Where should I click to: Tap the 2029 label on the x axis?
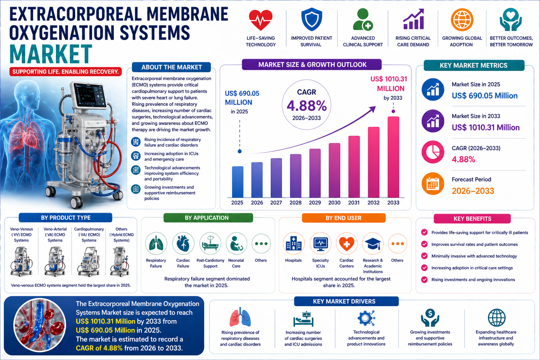[x=315, y=202]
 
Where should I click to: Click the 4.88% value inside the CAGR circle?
[x=307, y=106]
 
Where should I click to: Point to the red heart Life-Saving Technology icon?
[x=261, y=20]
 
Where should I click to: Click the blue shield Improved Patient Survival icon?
[x=311, y=20]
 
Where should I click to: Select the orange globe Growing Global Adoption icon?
[x=462, y=20]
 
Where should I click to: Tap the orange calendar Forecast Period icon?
[x=433, y=184]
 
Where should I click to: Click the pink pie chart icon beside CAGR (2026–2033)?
[x=433, y=152]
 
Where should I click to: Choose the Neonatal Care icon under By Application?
[x=236, y=243]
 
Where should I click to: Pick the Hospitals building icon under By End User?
[x=294, y=243]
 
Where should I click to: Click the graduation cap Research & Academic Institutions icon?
[x=373, y=243]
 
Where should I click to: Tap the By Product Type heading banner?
[x=66, y=218]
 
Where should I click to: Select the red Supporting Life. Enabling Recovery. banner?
[x=65, y=72]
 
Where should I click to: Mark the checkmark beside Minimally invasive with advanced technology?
[x=424, y=256]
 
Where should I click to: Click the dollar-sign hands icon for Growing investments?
[x=430, y=318]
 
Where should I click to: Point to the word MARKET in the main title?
[x=51, y=54]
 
